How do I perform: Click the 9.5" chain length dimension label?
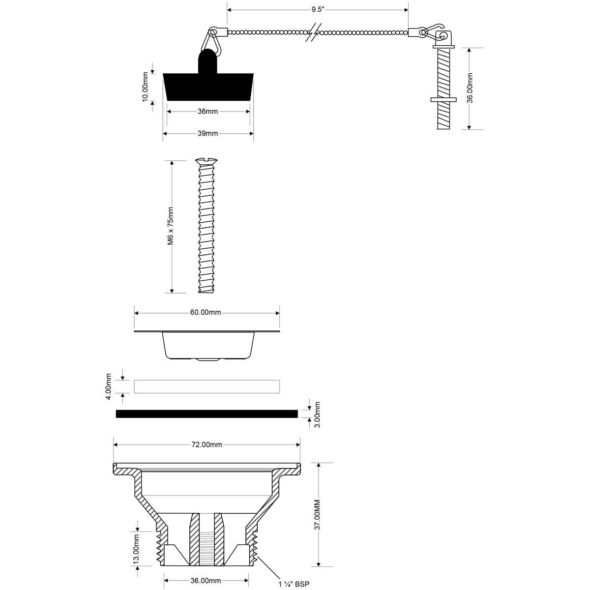318,9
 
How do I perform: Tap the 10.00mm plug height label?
145,87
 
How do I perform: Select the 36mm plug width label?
207,112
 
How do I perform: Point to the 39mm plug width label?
207,134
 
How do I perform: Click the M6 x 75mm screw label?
171,226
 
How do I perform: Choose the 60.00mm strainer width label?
206,313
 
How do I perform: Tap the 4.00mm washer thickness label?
109,387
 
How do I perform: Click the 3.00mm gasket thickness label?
318,415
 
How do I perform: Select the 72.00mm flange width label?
206,444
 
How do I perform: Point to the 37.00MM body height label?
318,515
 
